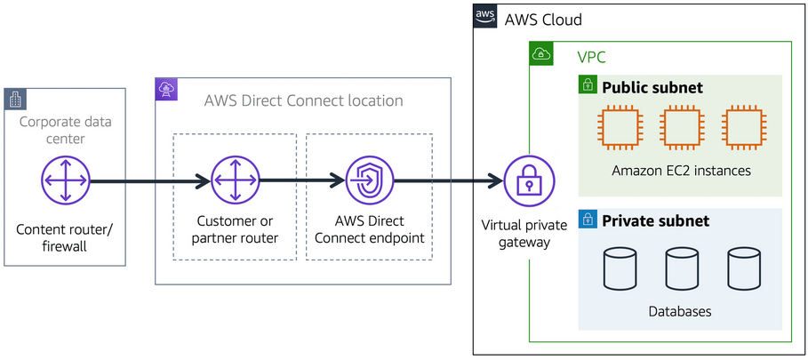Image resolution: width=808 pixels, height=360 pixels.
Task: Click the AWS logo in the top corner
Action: coord(484,16)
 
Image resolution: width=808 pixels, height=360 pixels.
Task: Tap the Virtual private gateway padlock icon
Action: coord(529,181)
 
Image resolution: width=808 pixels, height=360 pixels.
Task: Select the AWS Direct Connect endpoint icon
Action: coord(369,181)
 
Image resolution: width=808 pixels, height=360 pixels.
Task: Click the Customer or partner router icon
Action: coord(236,181)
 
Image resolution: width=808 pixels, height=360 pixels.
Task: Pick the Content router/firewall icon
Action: coord(66,181)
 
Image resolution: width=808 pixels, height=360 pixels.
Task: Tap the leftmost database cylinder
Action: coord(620,269)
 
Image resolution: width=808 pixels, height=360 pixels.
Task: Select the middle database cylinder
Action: coord(680,269)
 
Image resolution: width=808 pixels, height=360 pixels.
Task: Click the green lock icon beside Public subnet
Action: coord(587,85)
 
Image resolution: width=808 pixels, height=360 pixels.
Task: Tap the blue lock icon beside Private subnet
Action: coord(587,219)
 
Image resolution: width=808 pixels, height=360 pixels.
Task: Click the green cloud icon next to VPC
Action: coord(540,53)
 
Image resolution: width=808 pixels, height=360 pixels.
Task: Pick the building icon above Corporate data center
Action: coord(15,99)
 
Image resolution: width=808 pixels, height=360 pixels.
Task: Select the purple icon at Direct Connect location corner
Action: coord(166,88)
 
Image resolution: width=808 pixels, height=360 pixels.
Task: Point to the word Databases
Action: coord(680,312)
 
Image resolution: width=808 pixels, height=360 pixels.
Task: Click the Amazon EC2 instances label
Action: coord(680,171)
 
